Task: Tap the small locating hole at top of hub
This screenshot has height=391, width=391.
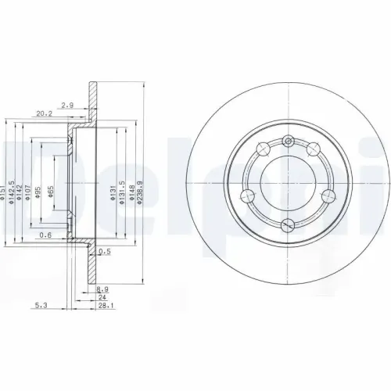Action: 288,141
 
